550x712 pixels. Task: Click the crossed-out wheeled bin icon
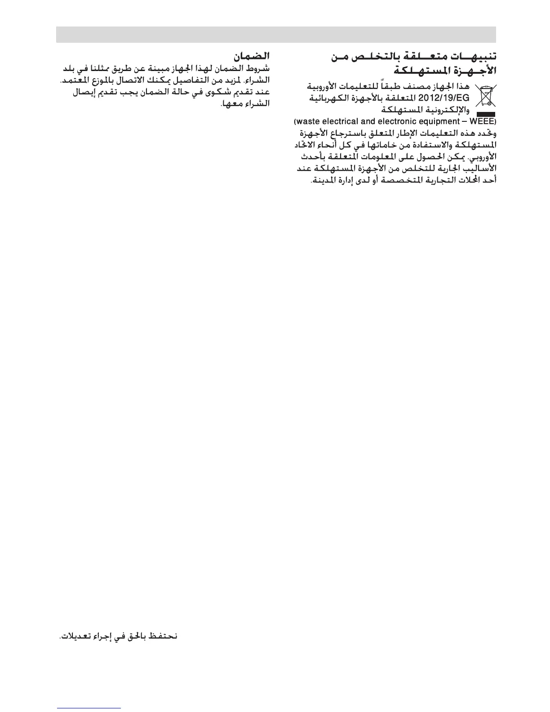[x=485, y=95]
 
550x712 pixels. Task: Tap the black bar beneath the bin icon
[x=486, y=115]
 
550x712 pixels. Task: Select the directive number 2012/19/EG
[x=444, y=98]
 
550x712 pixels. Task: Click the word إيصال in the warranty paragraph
[x=83, y=93]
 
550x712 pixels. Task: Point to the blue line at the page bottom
[x=89, y=708]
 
